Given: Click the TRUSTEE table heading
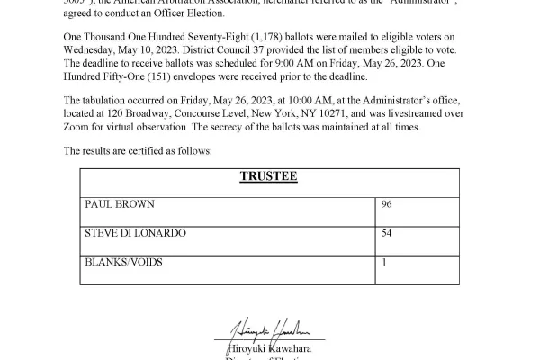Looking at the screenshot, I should point(268,176).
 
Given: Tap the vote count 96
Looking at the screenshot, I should point(387,205).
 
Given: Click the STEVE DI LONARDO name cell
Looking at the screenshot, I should point(135,234).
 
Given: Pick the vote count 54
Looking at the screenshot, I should point(387,234).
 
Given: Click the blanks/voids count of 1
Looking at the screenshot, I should point(385,263).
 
